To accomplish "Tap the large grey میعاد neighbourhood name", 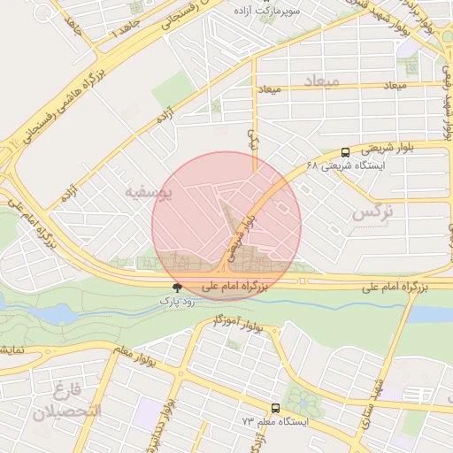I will tap(319, 81).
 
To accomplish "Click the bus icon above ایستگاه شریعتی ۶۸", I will tap(344, 152).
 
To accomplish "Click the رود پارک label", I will tap(177, 301).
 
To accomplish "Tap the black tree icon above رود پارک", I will tap(178, 288).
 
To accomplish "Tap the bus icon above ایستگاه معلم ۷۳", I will tap(276, 408).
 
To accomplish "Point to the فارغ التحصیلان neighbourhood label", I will tap(67, 401).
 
